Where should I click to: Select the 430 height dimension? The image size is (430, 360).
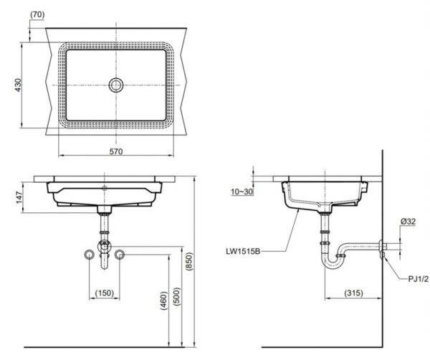pyautogui.click(x=20, y=85)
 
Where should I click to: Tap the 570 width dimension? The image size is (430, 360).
pyautogui.click(x=116, y=152)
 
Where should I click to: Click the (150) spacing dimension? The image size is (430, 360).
pyautogui.click(x=105, y=293)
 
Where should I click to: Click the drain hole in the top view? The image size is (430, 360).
pyautogui.click(x=116, y=85)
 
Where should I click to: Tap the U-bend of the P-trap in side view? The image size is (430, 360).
pyautogui.click(x=331, y=262)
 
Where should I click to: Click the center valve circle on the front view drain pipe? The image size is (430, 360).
pyautogui.click(x=105, y=245)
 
